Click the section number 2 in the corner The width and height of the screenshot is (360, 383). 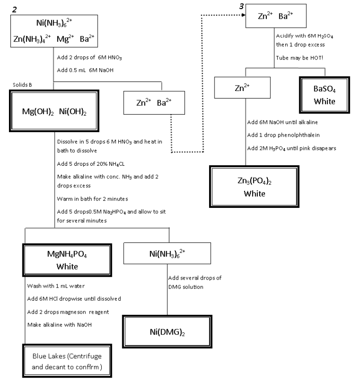coord(15,9)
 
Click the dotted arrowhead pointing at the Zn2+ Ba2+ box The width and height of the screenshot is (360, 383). coord(245,15)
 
